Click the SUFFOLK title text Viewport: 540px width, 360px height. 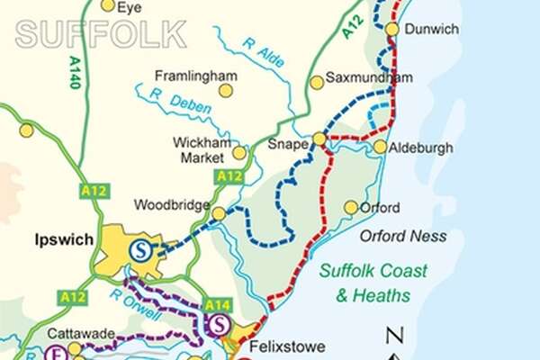pos(101,34)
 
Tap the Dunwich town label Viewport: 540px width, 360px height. pos(431,29)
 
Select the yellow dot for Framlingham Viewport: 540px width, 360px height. pos(226,90)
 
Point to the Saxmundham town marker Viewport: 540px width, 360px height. pos(317,83)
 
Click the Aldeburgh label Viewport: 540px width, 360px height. pos(423,148)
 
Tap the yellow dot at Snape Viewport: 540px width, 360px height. pos(319,139)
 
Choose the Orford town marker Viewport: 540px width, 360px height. pos(351,208)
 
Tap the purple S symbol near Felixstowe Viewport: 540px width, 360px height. pos(222,325)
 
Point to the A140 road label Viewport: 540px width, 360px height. pos(74,72)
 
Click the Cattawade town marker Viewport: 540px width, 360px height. pos(75,348)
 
